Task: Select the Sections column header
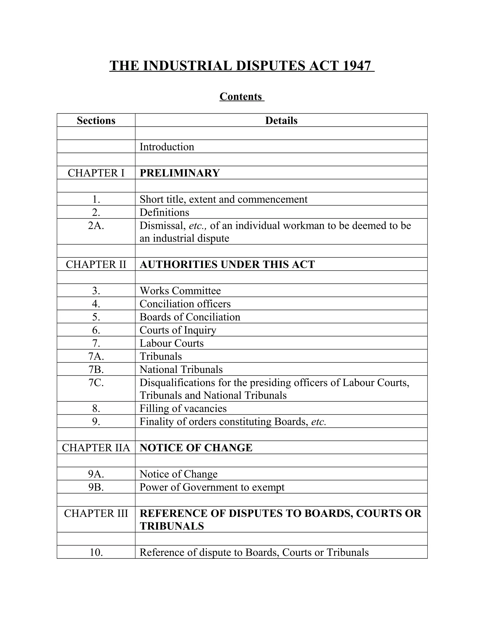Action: [96, 121]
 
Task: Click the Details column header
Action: [281, 121]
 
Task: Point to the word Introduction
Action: [167, 147]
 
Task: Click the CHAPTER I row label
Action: [96, 173]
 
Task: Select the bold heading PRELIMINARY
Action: [180, 173]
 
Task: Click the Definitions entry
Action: [164, 212]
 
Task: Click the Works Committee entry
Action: [180, 291]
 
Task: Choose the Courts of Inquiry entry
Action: [178, 330]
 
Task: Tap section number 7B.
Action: [96, 369]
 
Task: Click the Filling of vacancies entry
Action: [183, 408]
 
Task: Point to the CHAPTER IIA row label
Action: [96, 448]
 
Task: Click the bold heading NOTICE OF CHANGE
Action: [196, 448]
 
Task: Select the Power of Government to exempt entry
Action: [212, 487]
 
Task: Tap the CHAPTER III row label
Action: [96, 513]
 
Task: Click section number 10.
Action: [96, 552]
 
